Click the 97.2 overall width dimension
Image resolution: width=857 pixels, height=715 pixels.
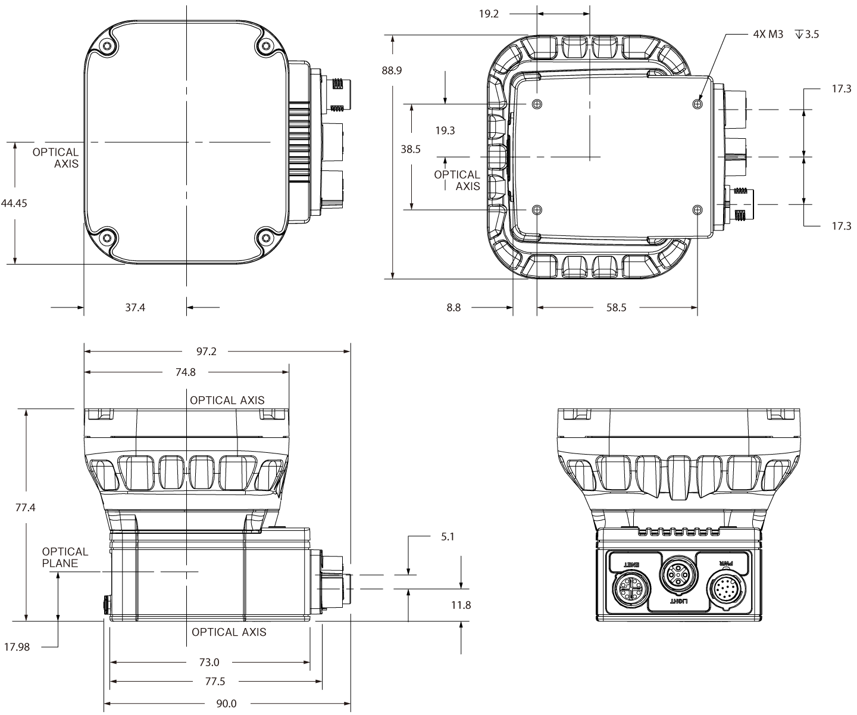click(x=206, y=352)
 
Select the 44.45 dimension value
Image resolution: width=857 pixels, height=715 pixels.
click(x=14, y=203)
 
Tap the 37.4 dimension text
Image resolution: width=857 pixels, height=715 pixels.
click(x=135, y=307)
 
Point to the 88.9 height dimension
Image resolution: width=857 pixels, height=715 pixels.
click(x=392, y=70)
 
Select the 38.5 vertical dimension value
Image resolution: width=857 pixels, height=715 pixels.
click(x=410, y=150)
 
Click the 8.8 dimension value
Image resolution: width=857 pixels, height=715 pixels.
click(x=453, y=307)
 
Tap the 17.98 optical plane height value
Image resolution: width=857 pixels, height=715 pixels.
click(x=17, y=646)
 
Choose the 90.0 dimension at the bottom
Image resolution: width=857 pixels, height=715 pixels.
click(x=226, y=704)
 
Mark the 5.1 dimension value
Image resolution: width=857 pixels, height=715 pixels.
click(x=448, y=536)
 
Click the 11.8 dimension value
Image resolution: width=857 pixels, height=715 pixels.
click(x=461, y=605)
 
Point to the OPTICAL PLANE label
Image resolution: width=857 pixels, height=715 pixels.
click(x=65, y=557)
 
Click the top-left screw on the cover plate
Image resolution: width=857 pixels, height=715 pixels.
click(x=107, y=46)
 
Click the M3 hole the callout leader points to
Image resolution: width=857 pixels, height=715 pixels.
click(x=698, y=104)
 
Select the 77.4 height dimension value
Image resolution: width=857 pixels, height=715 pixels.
click(x=26, y=508)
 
